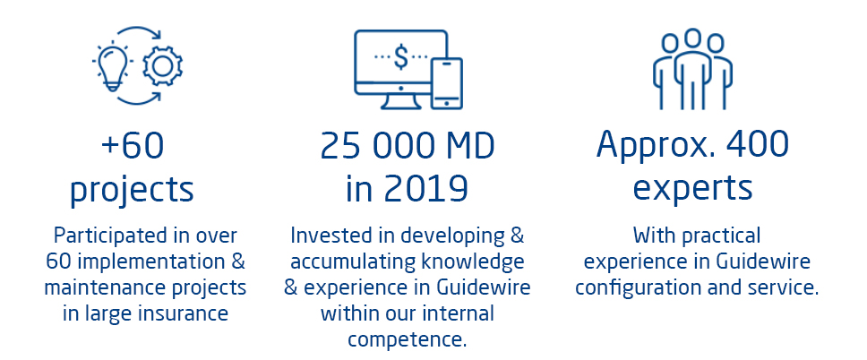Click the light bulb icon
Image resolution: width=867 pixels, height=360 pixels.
tap(112, 66)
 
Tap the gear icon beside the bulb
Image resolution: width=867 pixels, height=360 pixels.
tap(163, 66)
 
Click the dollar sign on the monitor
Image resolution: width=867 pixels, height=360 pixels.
tap(401, 58)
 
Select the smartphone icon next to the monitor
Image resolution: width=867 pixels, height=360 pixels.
tap(446, 83)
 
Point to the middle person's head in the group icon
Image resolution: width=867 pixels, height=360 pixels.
tap(692, 39)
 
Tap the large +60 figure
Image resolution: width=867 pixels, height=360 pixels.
tap(133, 145)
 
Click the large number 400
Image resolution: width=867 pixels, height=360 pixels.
tap(758, 144)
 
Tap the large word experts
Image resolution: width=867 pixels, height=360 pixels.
tap(692, 189)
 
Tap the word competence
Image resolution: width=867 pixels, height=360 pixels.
tap(407, 339)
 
